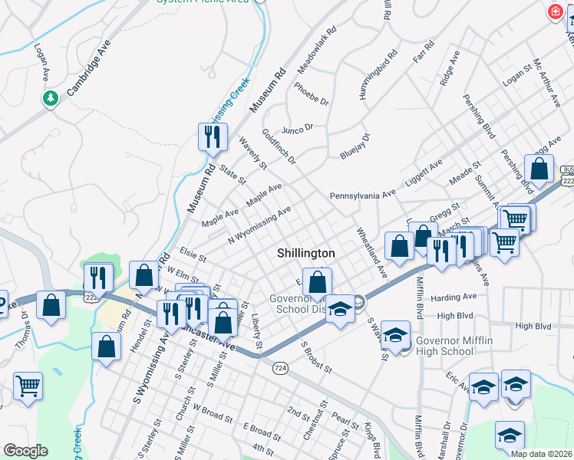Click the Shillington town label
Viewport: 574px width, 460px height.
(306, 253)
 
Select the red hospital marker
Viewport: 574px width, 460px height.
(554, 12)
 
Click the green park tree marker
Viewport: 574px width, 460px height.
(51, 98)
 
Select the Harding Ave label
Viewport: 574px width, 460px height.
(454, 297)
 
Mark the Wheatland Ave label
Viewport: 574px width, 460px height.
(371, 251)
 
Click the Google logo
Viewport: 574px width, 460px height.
(25, 451)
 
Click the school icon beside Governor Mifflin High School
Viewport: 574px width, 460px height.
(395, 337)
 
